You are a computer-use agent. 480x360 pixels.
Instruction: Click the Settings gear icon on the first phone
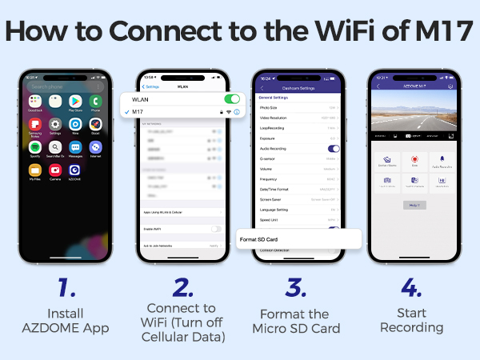click(54, 124)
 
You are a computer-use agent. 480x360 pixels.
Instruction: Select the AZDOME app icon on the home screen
click(74, 170)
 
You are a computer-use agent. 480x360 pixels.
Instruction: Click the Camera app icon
click(54, 170)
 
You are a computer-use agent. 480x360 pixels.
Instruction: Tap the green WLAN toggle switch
click(232, 99)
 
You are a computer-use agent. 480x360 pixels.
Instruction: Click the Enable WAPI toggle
click(216, 229)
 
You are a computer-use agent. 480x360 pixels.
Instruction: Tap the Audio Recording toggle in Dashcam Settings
click(334, 148)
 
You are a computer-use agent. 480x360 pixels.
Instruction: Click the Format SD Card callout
click(296, 239)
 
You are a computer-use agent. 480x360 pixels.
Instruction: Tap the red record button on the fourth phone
click(415, 158)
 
